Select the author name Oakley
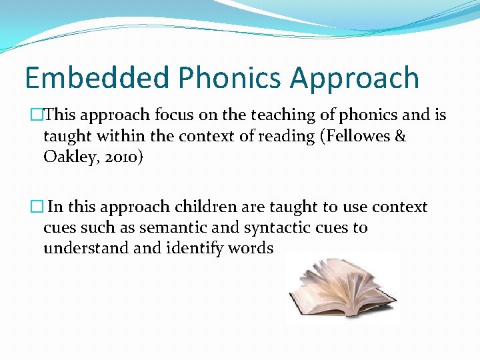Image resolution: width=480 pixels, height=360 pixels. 69,157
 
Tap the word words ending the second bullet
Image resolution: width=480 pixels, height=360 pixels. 250,249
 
